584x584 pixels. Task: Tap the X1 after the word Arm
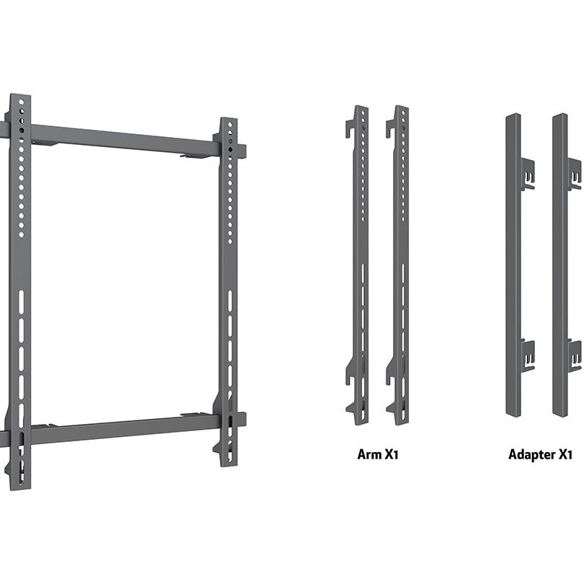coord(391,455)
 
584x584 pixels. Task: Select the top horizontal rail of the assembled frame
coord(123,138)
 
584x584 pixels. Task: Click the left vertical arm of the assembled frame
coord(19,288)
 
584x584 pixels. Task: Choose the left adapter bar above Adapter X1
coord(513,267)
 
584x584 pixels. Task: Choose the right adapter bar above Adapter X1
coord(560,267)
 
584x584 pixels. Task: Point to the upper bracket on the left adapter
coord(527,172)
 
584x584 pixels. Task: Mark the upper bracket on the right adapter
coord(574,173)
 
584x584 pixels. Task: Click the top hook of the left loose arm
coord(350,125)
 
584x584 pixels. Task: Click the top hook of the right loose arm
coord(391,125)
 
